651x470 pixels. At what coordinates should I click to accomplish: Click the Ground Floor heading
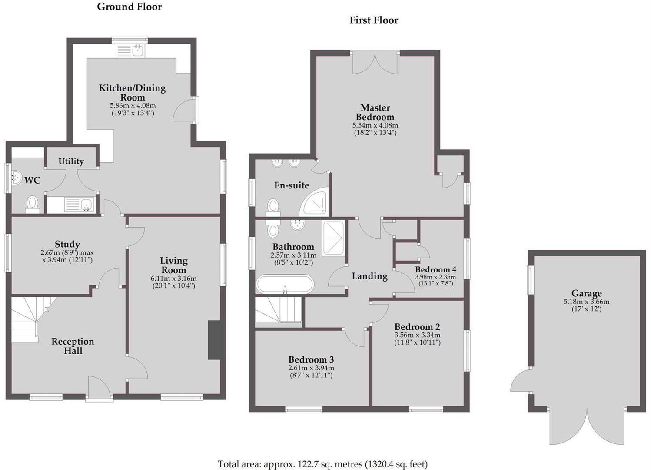click(x=129, y=7)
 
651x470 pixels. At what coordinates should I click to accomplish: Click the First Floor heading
click(x=374, y=20)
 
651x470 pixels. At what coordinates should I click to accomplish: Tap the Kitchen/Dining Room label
click(x=133, y=92)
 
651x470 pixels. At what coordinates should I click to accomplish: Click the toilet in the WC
click(x=33, y=204)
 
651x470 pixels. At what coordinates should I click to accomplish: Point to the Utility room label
click(x=71, y=161)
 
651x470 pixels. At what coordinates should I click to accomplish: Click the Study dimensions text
click(x=67, y=256)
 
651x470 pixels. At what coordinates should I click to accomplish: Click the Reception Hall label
click(x=73, y=346)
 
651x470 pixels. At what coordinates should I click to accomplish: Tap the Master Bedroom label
click(x=375, y=112)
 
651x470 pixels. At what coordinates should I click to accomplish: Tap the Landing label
click(x=369, y=276)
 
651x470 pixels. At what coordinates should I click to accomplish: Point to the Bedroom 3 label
click(x=311, y=359)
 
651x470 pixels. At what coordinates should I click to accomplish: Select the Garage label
click(x=586, y=293)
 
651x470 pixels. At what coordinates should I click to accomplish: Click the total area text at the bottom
click(x=322, y=464)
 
